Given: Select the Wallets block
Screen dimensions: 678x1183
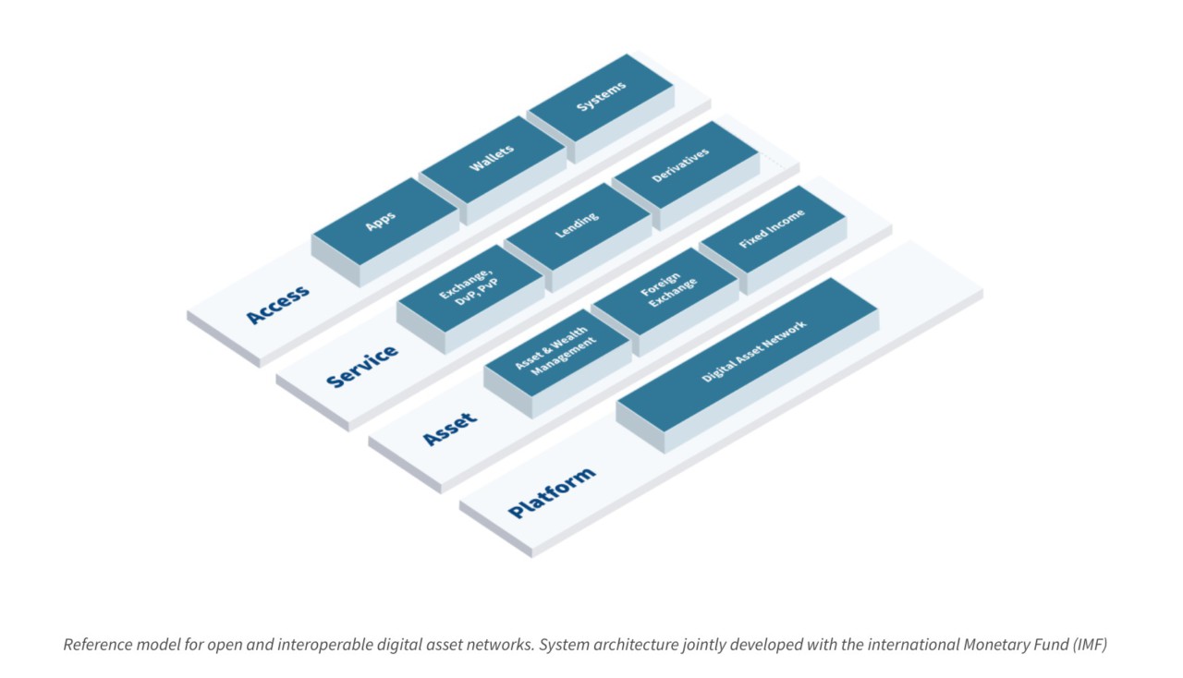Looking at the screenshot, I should pyautogui.click(x=492, y=159).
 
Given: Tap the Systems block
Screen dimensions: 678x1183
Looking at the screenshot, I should pyautogui.click(x=601, y=97).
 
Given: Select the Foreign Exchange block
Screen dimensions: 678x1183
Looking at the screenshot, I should pyautogui.click(x=664, y=290).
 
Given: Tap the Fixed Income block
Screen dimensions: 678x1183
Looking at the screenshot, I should pyautogui.click(x=773, y=229).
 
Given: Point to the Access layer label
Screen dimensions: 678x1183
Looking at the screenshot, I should pyautogui.click(x=278, y=305).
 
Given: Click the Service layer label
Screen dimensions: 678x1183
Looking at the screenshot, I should pyautogui.click(x=362, y=366).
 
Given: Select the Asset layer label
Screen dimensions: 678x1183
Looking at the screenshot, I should pyautogui.click(x=450, y=430).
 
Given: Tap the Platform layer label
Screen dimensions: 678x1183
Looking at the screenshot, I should pyautogui.click(x=552, y=493).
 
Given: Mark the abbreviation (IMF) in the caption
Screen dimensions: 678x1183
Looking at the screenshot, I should pyautogui.click(x=1090, y=644).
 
